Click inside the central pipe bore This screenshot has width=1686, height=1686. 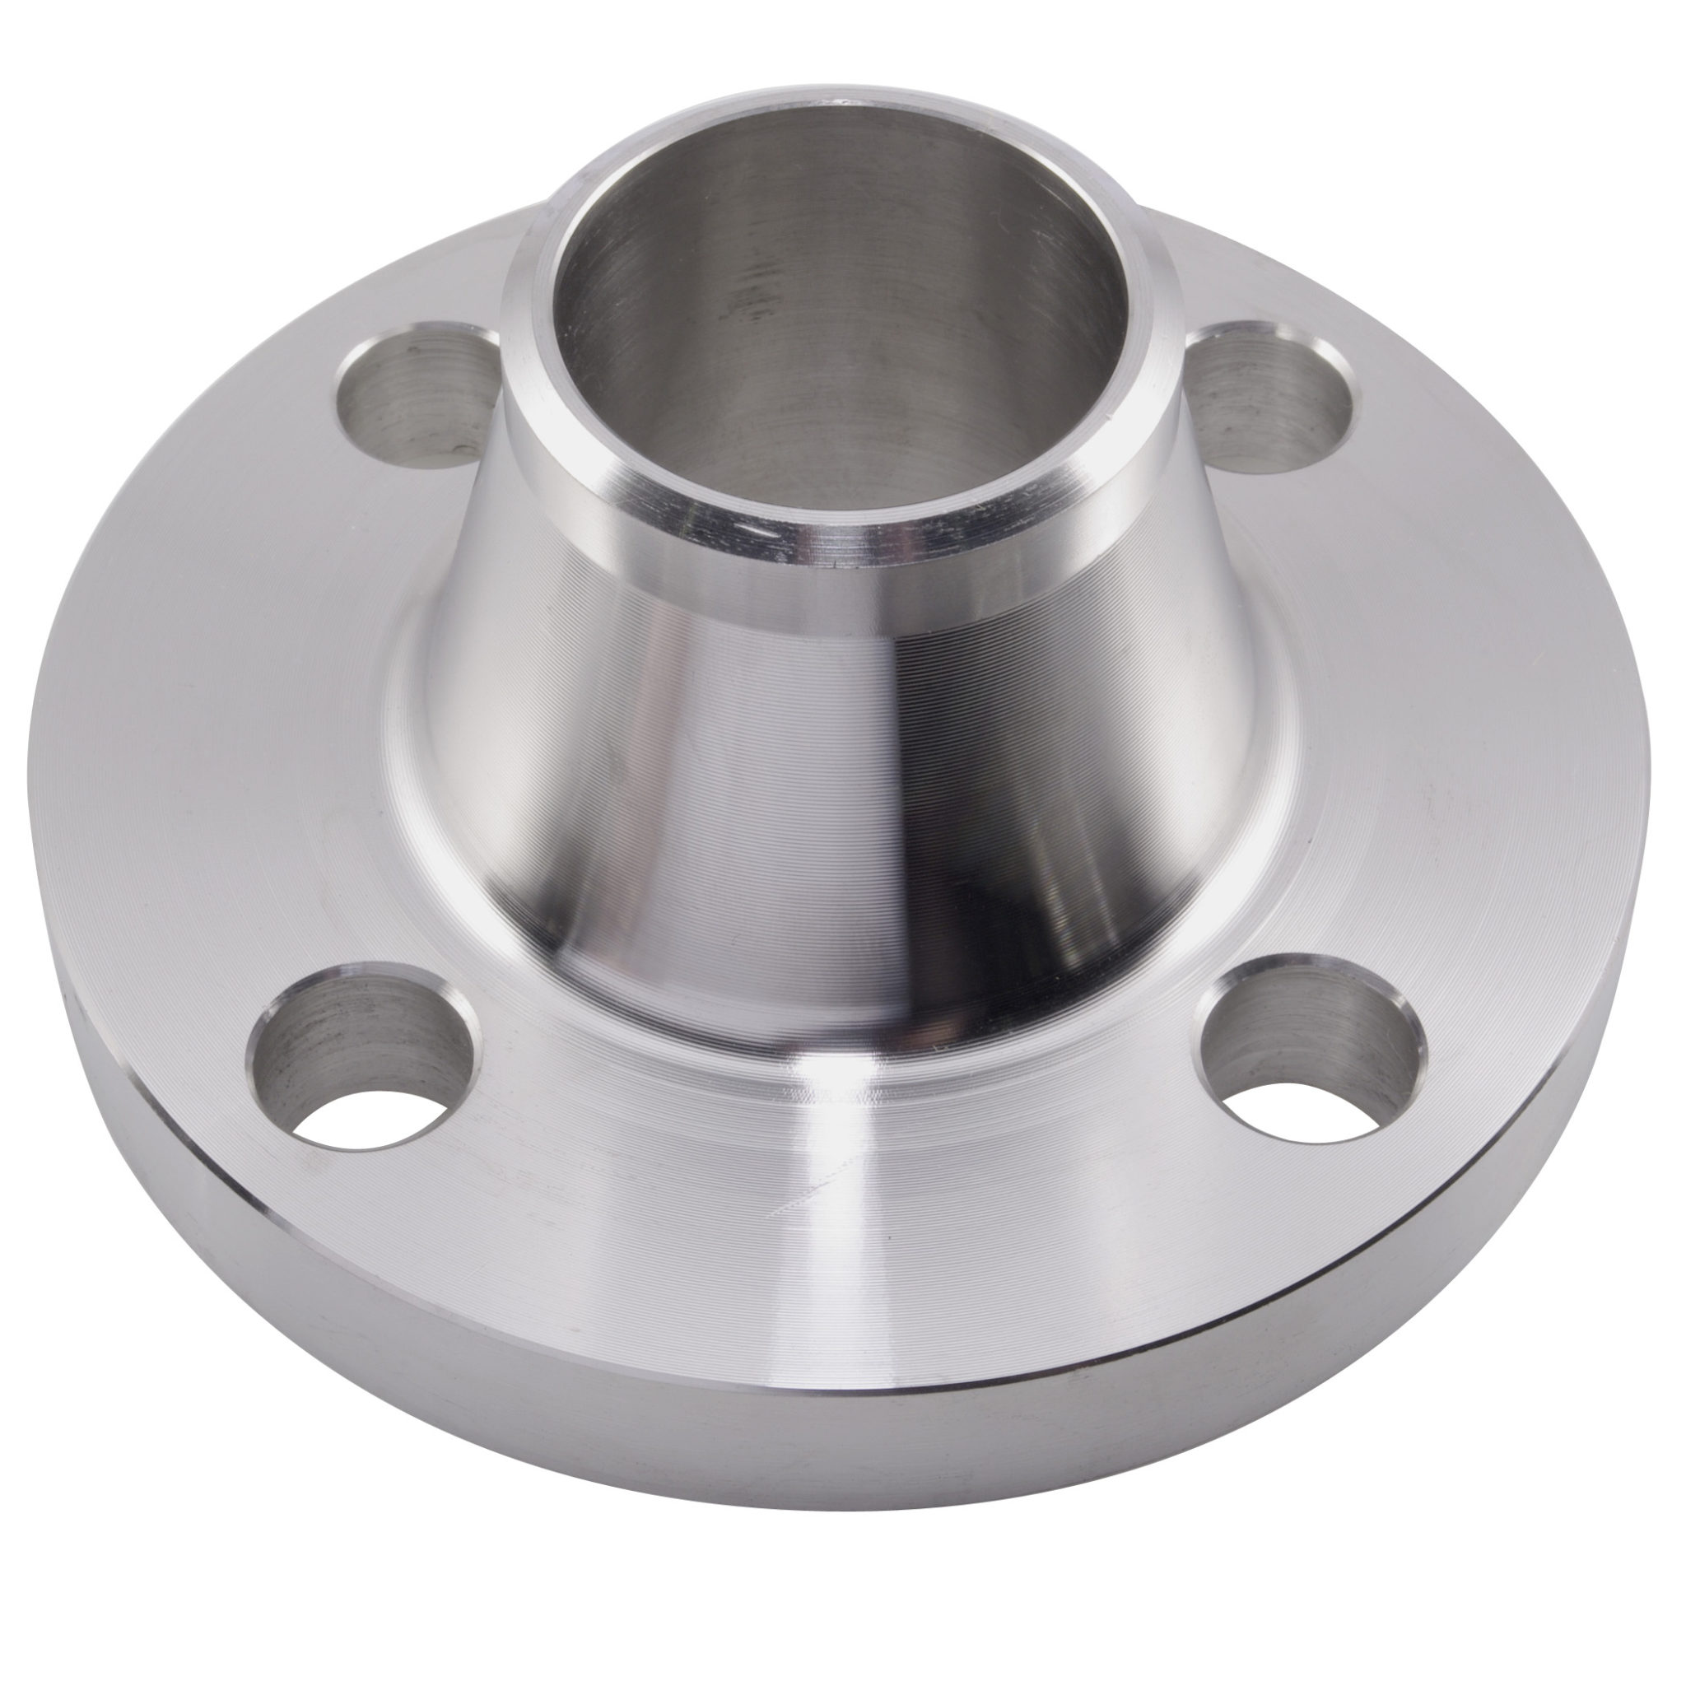829,349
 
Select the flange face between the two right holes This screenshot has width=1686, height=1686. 1431,715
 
